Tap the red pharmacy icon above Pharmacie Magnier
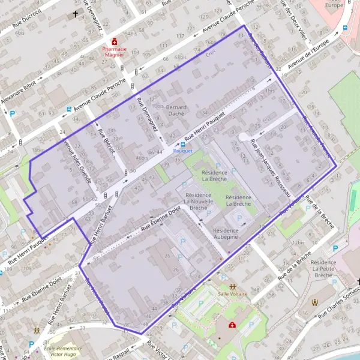pyautogui.click(x=114, y=42)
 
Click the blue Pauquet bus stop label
pyautogui.click(x=182, y=151)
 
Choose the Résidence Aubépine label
pyautogui.click(x=226, y=233)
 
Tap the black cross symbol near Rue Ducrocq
pyautogui.click(x=76, y=13)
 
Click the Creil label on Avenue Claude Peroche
pyautogui.click(x=211, y=53)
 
